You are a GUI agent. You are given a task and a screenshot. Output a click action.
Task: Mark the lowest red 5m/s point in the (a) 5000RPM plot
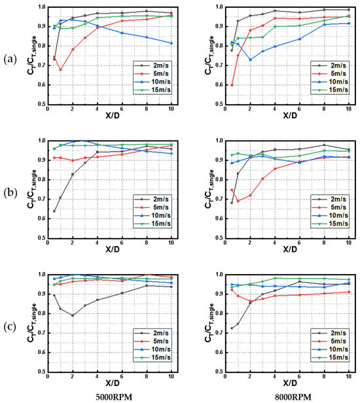(60, 69)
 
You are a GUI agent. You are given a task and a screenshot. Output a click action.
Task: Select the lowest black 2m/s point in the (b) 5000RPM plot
(54, 211)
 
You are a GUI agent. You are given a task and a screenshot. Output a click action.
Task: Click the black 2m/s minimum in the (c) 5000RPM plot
(72, 315)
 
